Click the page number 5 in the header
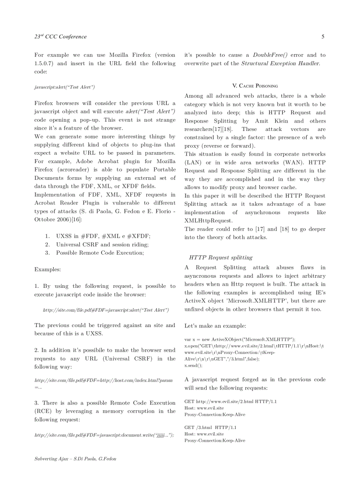323,37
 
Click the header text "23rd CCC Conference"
60,37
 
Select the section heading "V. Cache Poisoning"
255,86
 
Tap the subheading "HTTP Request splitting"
221,257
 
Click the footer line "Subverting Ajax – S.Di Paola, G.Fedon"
75,459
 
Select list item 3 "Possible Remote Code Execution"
100,253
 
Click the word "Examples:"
48,269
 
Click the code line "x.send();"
193,365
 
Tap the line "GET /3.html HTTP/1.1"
210,428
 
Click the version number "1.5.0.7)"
45,63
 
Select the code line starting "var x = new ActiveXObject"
240,339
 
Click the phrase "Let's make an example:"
215,326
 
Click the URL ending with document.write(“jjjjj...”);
104,435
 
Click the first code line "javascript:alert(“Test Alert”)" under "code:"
64,87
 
